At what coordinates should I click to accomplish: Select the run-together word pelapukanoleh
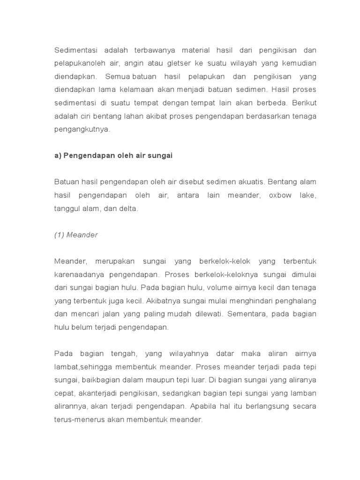[x=79, y=63]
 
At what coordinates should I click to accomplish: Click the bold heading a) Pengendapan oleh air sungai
[x=113, y=156]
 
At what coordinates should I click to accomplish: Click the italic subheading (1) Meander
[x=76, y=235]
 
